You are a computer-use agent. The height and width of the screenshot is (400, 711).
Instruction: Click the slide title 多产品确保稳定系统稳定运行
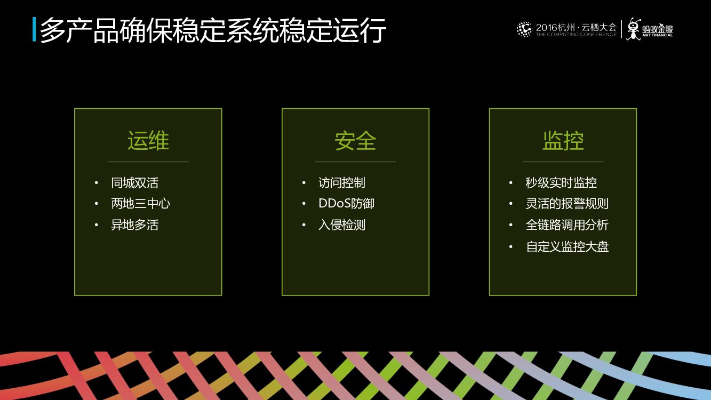pyautogui.click(x=213, y=30)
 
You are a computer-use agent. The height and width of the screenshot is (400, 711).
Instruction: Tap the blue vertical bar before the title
pyautogui.click(x=34, y=30)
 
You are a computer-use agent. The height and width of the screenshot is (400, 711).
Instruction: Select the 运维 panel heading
pyautogui.click(x=148, y=141)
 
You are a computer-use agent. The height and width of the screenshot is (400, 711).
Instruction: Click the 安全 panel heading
pyautogui.click(x=355, y=141)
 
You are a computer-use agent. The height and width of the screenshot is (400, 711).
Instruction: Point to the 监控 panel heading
pyautogui.click(x=563, y=141)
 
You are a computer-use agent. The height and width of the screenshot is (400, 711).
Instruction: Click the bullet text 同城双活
pyautogui.click(x=134, y=182)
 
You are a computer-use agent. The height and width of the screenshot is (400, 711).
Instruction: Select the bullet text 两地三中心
pyautogui.click(x=140, y=204)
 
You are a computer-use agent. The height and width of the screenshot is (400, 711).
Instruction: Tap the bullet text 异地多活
pyautogui.click(x=134, y=225)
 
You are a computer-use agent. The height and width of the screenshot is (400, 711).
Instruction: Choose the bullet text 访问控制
pyautogui.click(x=342, y=182)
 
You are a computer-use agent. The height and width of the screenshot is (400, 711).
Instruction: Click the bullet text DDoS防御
pyautogui.click(x=346, y=204)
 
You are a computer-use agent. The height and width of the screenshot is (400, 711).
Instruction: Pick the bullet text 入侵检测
pyautogui.click(x=342, y=225)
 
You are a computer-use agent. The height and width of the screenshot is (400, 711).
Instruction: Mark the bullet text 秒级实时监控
pyautogui.click(x=561, y=182)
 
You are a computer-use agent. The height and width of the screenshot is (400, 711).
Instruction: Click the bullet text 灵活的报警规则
pyautogui.click(x=567, y=204)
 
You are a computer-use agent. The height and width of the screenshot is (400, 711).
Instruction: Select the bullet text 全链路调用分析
pyautogui.click(x=567, y=225)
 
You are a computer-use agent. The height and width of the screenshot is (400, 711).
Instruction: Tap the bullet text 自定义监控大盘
pyautogui.click(x=567, y=246)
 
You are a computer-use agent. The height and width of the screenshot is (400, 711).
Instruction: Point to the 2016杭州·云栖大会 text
pyautogui.click(x=576, y=27)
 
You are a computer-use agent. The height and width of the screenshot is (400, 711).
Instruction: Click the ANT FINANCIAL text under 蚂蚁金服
pyautogui.click(x=657, y=35)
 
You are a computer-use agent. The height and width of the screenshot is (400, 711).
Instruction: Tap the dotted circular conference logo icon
pyautogui.click(x=524, y=29)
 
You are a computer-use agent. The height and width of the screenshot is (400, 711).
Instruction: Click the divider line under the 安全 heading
pyautogui.click(x=355, y=162)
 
